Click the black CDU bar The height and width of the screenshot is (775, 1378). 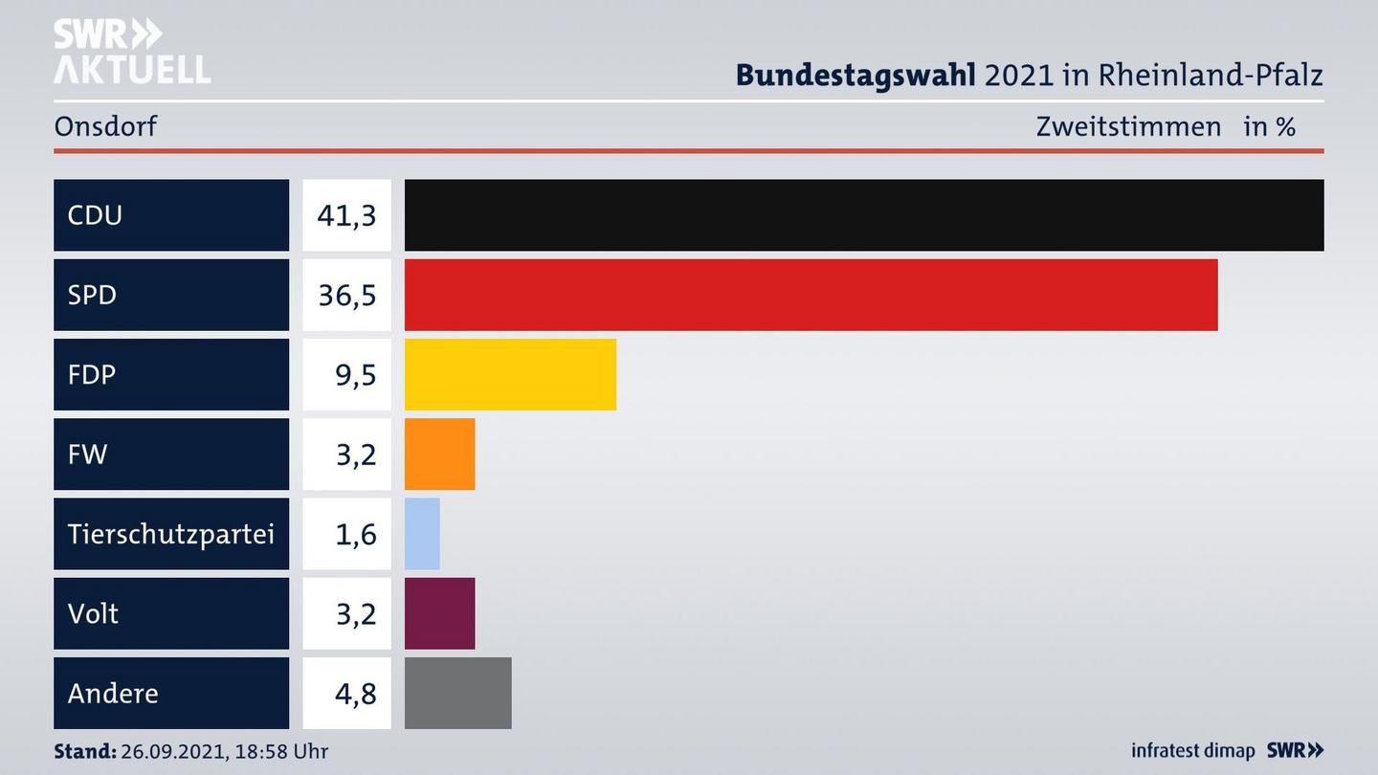click(864, 215)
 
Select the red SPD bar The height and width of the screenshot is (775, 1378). click(811, 295)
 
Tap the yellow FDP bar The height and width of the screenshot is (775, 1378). click(510, 374)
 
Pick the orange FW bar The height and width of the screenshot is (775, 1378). click(439, 454)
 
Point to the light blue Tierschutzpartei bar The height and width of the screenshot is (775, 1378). click(422, 534)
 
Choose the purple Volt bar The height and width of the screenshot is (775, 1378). click(439, 613)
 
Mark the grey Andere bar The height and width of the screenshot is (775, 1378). click(457, 693)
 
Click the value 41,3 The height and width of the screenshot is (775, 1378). click(346, 215)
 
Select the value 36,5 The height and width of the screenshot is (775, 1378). click(346, 295)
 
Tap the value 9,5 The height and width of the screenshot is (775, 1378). click(355, 374)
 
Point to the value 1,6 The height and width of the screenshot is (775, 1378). click(355, 534)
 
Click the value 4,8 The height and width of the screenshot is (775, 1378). click(355, 693)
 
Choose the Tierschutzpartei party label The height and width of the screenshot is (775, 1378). click(170, 534)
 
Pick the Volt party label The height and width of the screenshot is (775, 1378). click(93, 613)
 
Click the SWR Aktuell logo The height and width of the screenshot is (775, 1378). click(131, 52)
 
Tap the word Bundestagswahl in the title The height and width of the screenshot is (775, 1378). click(855, 75)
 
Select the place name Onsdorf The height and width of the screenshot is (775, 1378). click(105, 126)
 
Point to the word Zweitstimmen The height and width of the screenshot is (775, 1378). click(1128, 126)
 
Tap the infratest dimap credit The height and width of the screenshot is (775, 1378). click(1192, 751)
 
